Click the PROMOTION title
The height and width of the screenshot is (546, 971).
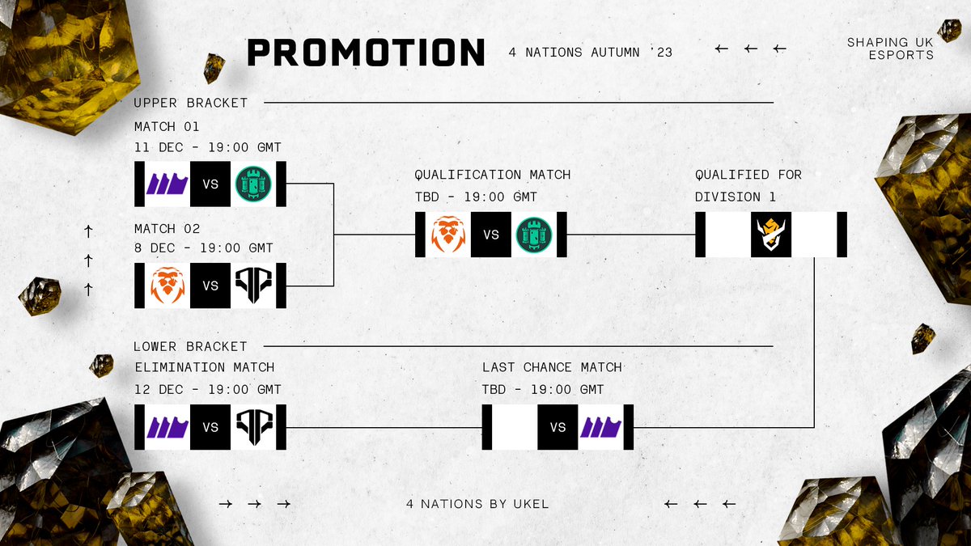click(x=366, y=53)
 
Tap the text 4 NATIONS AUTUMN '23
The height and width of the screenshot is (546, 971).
click(x=591, y=53)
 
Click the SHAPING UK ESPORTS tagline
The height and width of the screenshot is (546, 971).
click(x=890, y=49)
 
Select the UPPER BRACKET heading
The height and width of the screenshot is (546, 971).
click(x=191, y=103)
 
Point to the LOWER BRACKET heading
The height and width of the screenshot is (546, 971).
click(x=190, y=346)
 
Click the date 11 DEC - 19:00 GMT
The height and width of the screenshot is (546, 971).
click(x=208, y=147)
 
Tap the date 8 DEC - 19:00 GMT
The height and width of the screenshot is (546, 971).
click(x=204, y=248)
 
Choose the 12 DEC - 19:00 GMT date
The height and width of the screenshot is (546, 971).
click(x=208, y=390)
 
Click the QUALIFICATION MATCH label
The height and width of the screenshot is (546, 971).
click(x=493, y=175)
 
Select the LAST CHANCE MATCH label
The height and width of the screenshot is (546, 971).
click(x=553, y=367)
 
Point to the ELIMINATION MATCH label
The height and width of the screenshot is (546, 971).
click(x=205, y=367)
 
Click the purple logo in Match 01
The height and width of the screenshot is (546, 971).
click(x=167, y=184)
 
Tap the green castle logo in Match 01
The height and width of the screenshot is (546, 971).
click(x=254, y=184)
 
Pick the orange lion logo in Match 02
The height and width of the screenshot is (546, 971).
click(x=167, y=285)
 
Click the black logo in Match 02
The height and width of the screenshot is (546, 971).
click(x=254, y=285)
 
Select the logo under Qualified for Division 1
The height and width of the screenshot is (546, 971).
click(x=770, y=235)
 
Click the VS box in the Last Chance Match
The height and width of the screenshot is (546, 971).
click(x=558, y=427)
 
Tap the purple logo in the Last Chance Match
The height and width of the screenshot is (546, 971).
click(x=601, y=427)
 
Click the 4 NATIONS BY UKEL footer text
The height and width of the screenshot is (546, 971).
click(x=477, y=504)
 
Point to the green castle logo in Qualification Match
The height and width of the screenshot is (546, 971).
click(x=534, y=235)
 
